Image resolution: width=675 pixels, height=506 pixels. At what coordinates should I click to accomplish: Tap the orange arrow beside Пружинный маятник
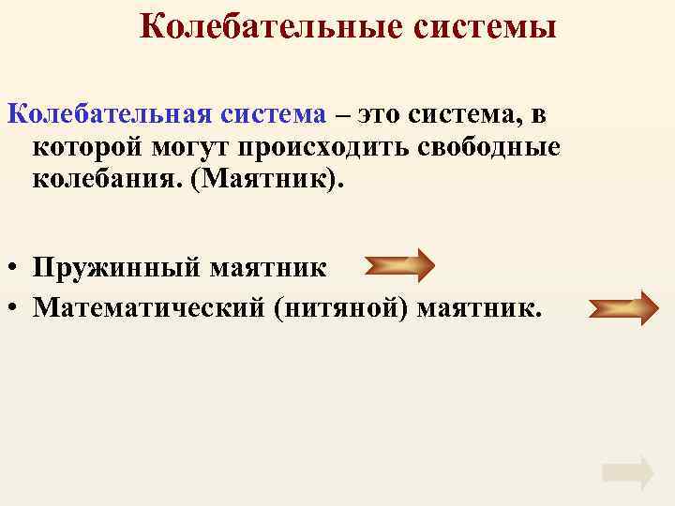[398, 266]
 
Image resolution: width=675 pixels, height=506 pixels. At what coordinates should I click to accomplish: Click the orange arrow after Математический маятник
[623, 307]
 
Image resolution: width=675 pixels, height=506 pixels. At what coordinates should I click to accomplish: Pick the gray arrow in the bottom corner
[627, 473]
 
